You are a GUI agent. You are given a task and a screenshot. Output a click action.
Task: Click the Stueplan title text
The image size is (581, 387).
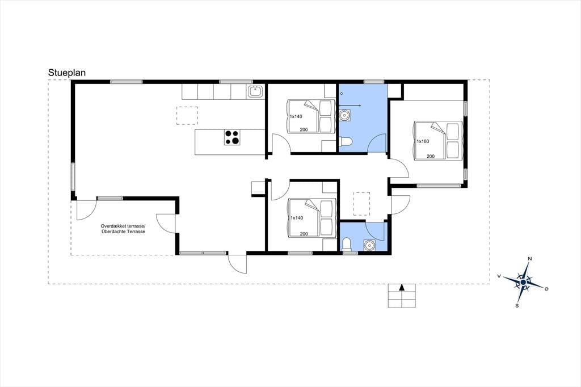(67, 73)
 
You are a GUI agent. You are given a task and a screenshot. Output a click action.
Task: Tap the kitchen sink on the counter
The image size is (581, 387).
(256, 91)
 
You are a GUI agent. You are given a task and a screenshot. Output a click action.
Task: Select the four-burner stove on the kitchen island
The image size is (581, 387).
(232, 137)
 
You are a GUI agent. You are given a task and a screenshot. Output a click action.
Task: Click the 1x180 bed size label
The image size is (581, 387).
(423, 141)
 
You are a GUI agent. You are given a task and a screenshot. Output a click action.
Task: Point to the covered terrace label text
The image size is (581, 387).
(123, 229)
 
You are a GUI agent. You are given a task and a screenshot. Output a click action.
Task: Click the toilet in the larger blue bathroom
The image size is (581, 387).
(345, 142)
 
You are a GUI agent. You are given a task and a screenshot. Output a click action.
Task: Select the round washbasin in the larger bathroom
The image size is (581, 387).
(345, 115)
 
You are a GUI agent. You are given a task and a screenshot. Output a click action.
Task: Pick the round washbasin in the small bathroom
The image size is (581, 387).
(369, 245)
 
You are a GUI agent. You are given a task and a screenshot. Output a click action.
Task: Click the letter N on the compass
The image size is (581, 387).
(530, 259)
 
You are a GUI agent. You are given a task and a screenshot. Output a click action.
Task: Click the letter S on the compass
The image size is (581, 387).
(517, 306)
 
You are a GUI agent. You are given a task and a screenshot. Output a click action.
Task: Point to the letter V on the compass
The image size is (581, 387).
(499, 276)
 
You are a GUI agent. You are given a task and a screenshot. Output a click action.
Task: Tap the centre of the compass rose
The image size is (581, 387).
(523, 283)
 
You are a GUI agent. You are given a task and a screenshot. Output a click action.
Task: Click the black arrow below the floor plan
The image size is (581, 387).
(402, 287)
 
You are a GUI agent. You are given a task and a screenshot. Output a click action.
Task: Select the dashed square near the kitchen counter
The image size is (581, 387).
(187, 116)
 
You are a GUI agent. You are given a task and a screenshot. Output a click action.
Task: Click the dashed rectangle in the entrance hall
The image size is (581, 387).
(361, 204)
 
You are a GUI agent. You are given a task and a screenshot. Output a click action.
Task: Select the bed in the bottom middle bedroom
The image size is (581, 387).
(311, 217)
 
